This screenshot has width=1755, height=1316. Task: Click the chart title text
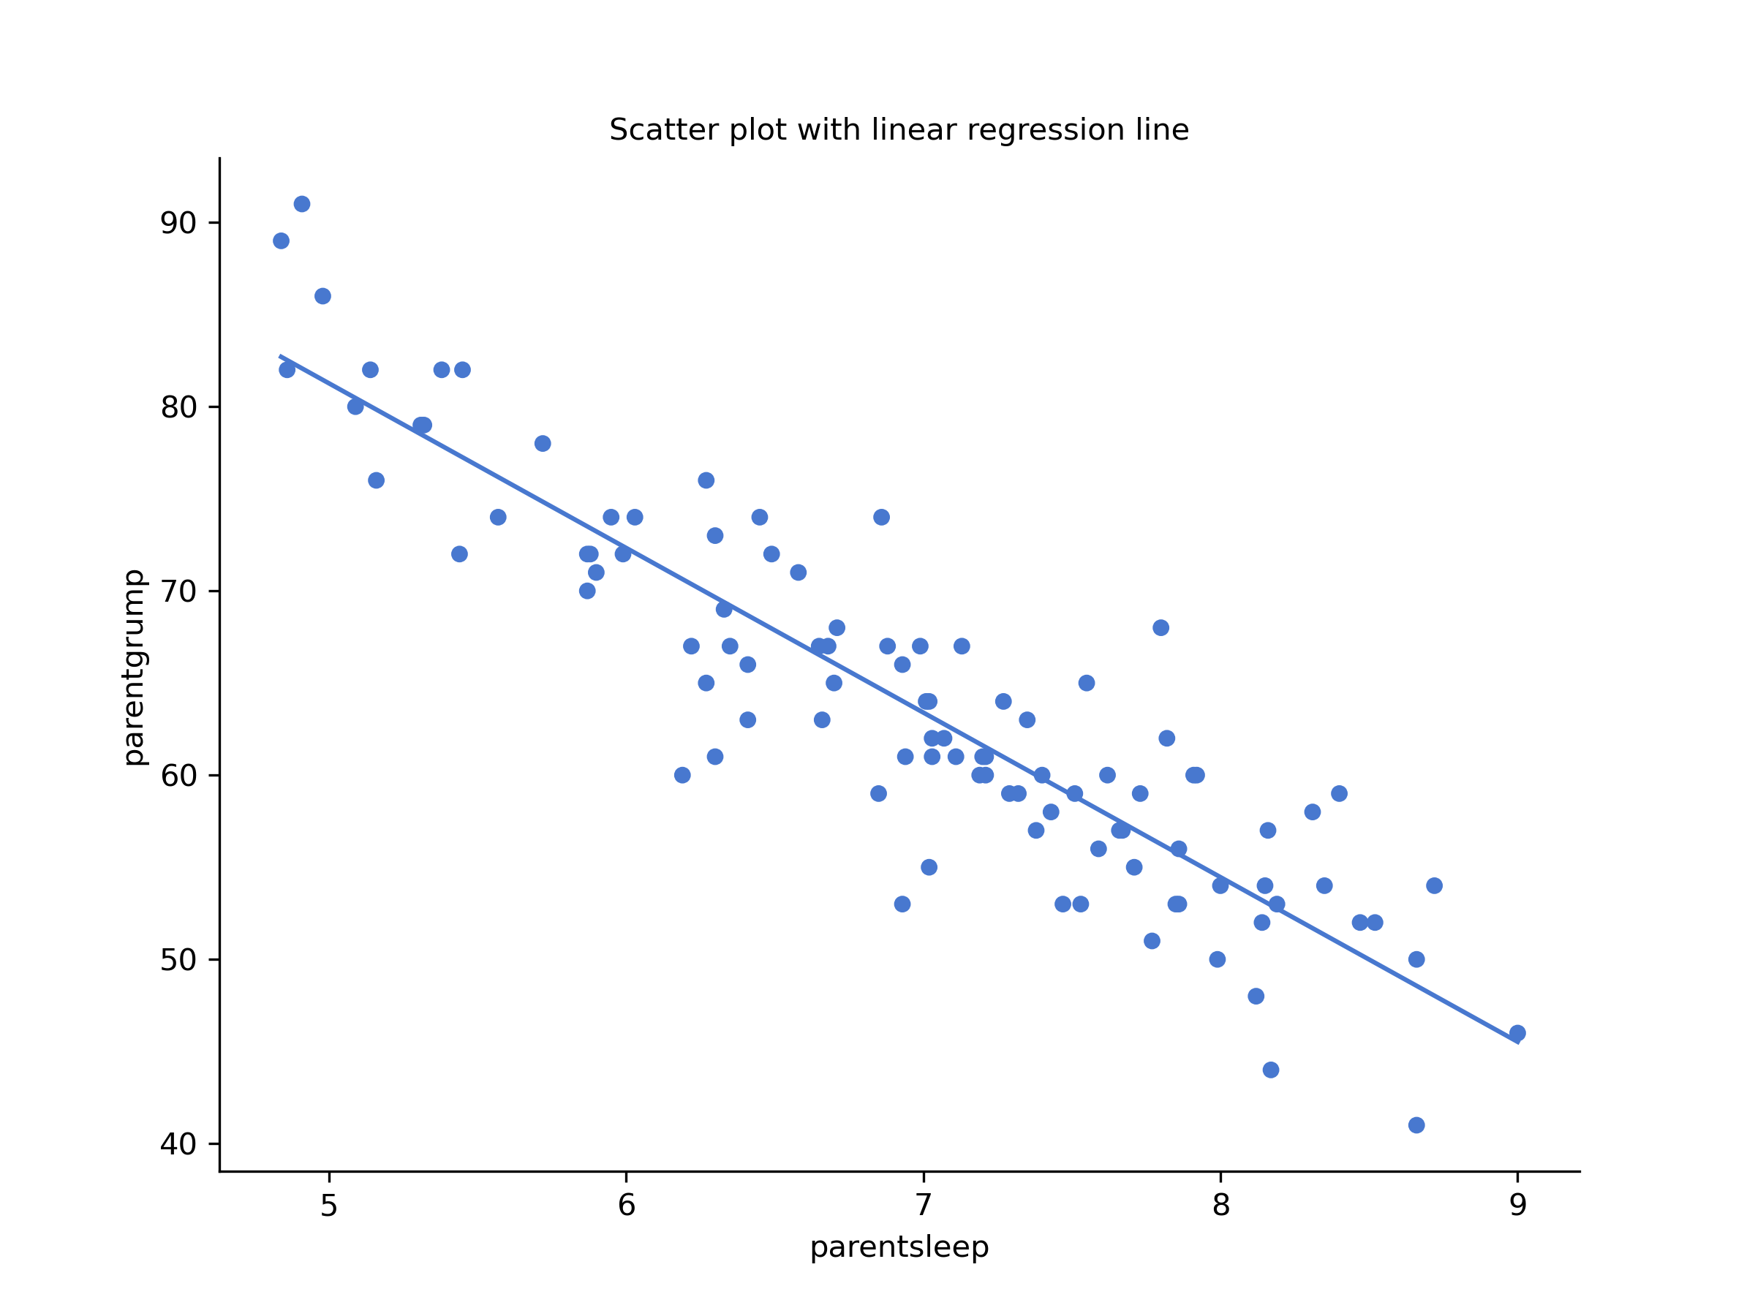899,130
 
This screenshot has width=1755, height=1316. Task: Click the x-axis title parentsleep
899,1247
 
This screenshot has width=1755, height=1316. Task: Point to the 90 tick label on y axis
178,224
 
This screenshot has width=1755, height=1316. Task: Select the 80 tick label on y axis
178,408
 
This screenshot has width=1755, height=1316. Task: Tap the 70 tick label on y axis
178,591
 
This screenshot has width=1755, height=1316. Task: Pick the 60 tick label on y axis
178,776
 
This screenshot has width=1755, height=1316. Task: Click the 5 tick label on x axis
329,1206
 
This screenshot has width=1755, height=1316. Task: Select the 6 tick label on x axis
627,1206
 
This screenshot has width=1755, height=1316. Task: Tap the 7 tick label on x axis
924,1206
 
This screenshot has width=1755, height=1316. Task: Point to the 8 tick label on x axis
1221,1206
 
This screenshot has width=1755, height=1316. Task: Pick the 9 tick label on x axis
1518,1206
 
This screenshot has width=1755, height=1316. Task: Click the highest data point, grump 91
302,204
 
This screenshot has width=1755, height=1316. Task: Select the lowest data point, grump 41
1416,1125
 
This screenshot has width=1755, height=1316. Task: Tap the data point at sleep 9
1517,1033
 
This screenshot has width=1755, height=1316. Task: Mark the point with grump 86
323,296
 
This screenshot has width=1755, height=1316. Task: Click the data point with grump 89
281,241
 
